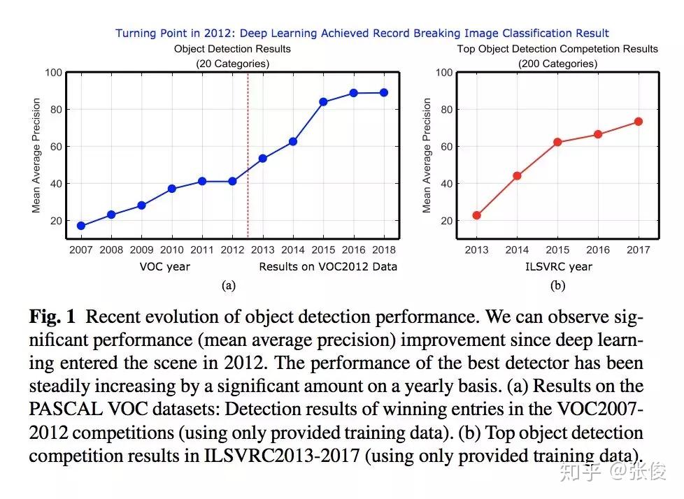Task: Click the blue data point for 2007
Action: (x=81, y=226)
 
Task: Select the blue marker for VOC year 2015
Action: (x=324, y=102)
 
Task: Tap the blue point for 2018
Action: (x=384, y=93)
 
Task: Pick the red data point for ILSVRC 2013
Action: (x=477, y=215)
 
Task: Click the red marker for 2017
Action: (x=638, y=122)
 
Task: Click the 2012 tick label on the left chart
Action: (x=232, y=249)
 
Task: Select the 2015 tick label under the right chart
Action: (x=557, y=249)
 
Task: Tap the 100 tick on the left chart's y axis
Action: (x=54, y=73)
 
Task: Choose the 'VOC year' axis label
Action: (x=165, y=266)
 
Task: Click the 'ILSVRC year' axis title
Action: (x=557, y=266)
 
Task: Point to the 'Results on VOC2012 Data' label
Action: (x=328, y=266)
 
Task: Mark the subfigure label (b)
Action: (x=557, y=285)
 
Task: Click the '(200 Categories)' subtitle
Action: (x=557, y=64)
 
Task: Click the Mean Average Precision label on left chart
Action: (x=36, y=155)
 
